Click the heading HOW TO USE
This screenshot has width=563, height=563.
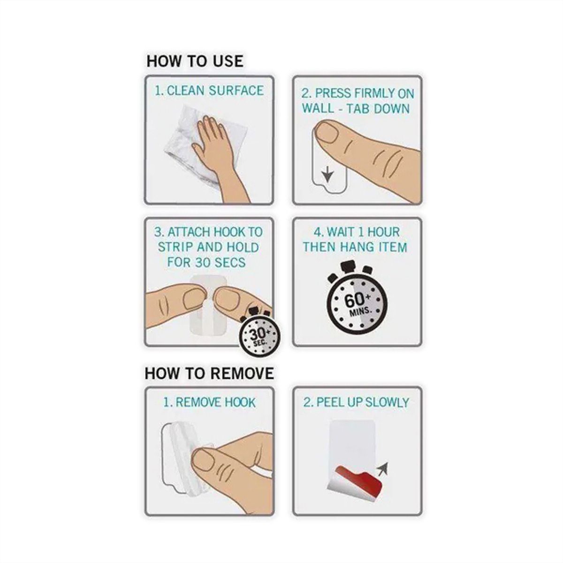pyautogui.click(x=195, y=61)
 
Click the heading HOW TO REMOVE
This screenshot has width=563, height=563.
pyautogui.click(x=209, y=373)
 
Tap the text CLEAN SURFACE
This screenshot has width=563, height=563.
pyautogui.click(x=215, y=91)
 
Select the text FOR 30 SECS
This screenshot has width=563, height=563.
pyautogui.click(x=206, y=262)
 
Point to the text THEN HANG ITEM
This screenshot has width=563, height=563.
pyautogui.click(x=355, y=247)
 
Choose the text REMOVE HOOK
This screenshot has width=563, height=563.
pyautogui.click(x=216, y=402)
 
